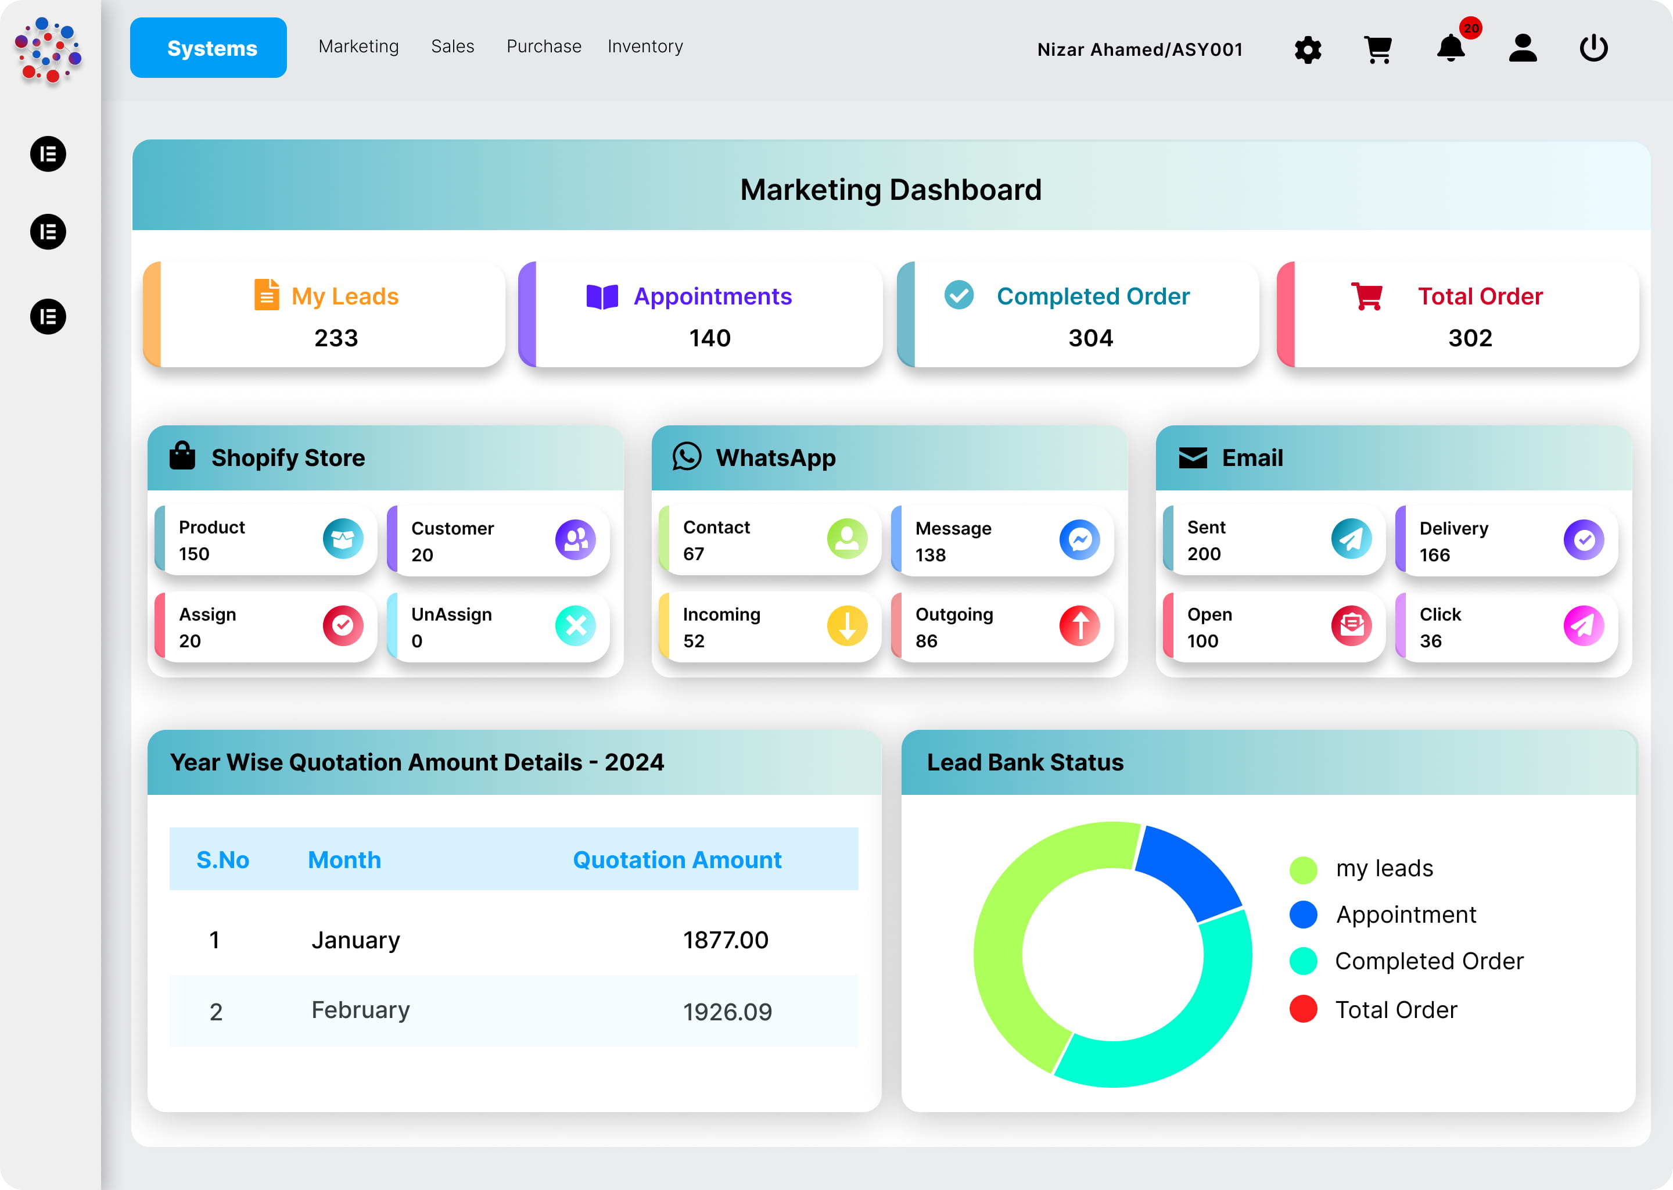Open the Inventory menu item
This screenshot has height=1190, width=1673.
(x=645, y=46)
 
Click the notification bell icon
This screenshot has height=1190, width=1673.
(x=1449, y=49)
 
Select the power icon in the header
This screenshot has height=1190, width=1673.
(x=1593, y=48)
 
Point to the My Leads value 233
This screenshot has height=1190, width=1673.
(x=336, y=338)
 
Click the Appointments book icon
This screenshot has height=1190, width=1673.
(x=602, y=297)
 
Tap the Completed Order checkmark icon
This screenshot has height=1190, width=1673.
(x=958, y=295)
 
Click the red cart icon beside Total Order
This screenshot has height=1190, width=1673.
(x=1366, y=296)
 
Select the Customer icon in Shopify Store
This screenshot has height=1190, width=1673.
(x=575, y=540)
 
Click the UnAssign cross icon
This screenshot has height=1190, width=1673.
(x=575, y=626)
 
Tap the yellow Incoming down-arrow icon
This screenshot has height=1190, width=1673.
(x=847, y=626)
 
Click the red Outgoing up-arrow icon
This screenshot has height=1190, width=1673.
(x=1079, y=626)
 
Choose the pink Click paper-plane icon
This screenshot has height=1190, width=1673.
(x=1583, y=626)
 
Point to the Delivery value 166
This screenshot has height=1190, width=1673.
(x=1434, y=555)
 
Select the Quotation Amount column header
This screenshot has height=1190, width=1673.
(x=677, y=859)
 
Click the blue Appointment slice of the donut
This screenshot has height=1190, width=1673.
(x=1187, y=872)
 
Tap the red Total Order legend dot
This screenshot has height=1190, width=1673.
(x=1303, y=1009)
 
